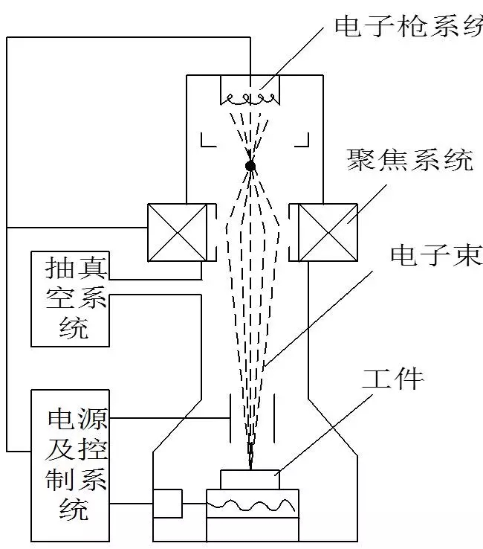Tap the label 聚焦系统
click(409, 159)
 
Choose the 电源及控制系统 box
click(69, 465)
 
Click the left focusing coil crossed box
click(178, 232)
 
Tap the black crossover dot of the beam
click(250, 165)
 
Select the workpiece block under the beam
click(250, 480)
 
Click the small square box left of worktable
click(167, 503)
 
